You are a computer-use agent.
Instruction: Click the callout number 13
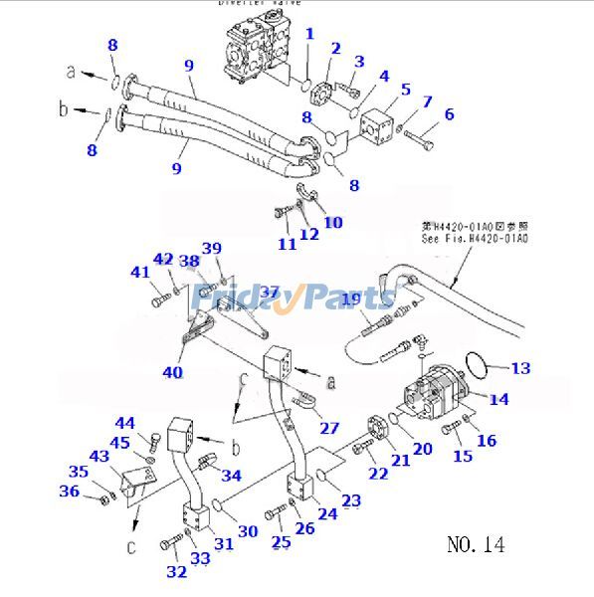tap(520, 368)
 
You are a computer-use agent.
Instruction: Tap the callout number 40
tap(172, 373)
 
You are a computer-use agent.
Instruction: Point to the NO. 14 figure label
tap(476, 544)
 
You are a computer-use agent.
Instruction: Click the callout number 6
tap(449, 114)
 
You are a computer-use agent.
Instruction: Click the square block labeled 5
tap(381, 126)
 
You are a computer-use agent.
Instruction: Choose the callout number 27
tap(329, 429)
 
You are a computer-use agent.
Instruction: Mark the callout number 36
tap(70, 492)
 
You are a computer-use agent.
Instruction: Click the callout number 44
tap(124, 423)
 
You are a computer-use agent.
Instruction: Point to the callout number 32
tap(176, 571)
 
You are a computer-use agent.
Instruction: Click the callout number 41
tap(140, 272)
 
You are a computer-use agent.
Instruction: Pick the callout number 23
tap(351, 500)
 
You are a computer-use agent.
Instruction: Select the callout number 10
tap(332, 222)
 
